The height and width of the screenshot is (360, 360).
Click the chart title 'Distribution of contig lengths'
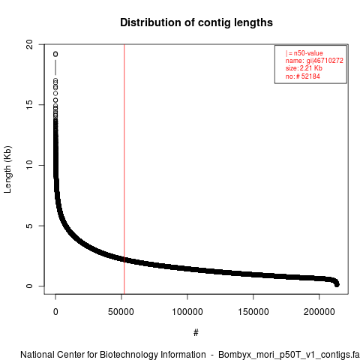(x=196, y=22)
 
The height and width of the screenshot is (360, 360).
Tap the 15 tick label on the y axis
(x=30, y=105)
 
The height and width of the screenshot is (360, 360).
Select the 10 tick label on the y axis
(x=30, y=165)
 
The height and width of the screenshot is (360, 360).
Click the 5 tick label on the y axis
(x=30, y=226)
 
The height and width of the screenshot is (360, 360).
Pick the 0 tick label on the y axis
(x=30, y=286)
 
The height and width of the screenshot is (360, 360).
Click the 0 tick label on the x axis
(x=55, y=312)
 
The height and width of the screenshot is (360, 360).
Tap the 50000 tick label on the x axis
(x=121, y=312)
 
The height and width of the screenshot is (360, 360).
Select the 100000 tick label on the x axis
(x=187, y=312)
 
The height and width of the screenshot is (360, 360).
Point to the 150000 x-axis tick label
(x=253, y=312)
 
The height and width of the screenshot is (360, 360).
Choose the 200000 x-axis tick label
(x=319, y=312)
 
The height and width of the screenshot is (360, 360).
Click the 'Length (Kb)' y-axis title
(x=7, y=169)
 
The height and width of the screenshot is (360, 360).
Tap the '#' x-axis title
(x=196, y=333)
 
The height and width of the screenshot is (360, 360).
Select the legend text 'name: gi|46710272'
(x=314, y=61)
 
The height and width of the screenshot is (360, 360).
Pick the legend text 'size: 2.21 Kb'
(x=304, y=68)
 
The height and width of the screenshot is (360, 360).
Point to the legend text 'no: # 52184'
(x=303, y=76)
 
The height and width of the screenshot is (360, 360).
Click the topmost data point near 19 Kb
(x=55, y=54)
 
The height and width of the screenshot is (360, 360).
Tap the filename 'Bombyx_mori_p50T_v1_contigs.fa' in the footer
(x=289, y=355)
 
